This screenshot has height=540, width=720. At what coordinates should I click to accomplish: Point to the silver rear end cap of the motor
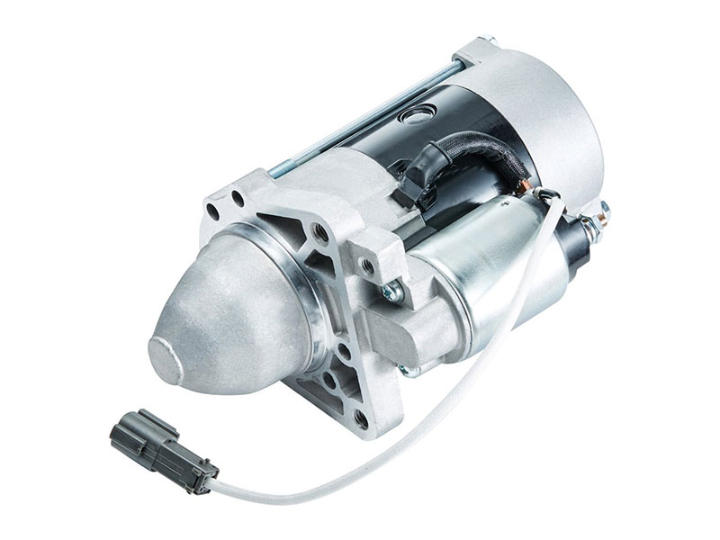point(558,117)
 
